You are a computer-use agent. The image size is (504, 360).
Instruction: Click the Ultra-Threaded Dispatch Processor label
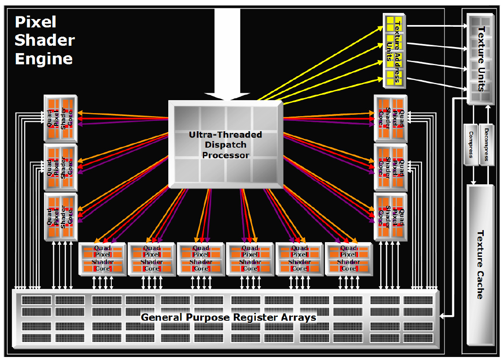[225, 145]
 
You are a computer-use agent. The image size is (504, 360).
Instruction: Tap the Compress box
[470, 144]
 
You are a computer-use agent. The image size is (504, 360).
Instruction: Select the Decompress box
[486, 144]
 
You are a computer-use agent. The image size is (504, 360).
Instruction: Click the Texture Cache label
[480, 265]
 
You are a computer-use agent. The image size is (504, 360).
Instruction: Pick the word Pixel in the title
[35, 22]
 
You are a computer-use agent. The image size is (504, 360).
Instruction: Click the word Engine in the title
[44, 59]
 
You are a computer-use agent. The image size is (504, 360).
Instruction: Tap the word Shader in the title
[44, 40]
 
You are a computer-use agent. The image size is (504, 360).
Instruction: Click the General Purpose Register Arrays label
[228, 317]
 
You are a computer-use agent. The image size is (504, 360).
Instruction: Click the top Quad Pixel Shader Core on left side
[60, 118]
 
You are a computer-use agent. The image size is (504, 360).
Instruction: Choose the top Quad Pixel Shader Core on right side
[391, 118]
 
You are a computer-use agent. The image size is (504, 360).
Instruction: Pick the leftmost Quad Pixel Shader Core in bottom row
[102, 259]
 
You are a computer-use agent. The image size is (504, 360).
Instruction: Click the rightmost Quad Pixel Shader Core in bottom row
[348, 259]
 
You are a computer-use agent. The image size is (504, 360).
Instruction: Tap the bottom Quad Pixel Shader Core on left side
[60, 216]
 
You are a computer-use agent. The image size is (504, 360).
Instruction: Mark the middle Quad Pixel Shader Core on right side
[391, 167]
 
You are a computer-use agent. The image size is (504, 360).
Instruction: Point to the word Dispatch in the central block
[226, 145]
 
